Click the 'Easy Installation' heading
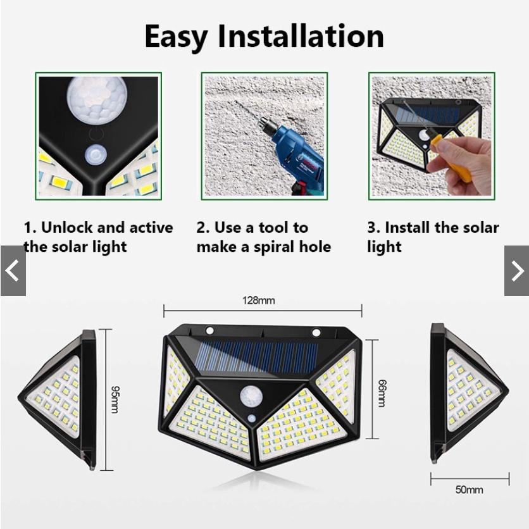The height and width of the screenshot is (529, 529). (x=264, y=36)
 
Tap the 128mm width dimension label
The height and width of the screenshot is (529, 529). (x=258, y=301)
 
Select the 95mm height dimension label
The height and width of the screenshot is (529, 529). (x=115, y=399)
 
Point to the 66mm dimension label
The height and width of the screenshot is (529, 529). (x=382, y=392)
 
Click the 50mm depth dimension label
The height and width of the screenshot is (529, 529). (x=469, y=489)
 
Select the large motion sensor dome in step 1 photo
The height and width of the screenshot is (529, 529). (x=97, y=99)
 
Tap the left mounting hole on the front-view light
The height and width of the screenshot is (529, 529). (x=209, y=331)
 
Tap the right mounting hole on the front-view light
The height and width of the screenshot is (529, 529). (x=316, y=333)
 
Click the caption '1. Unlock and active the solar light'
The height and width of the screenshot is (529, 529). (x=98, y=237)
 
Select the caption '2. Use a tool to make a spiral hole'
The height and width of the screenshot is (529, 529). (x=263, y=237)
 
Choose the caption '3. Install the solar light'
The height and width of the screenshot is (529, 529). (x=433, y=237)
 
